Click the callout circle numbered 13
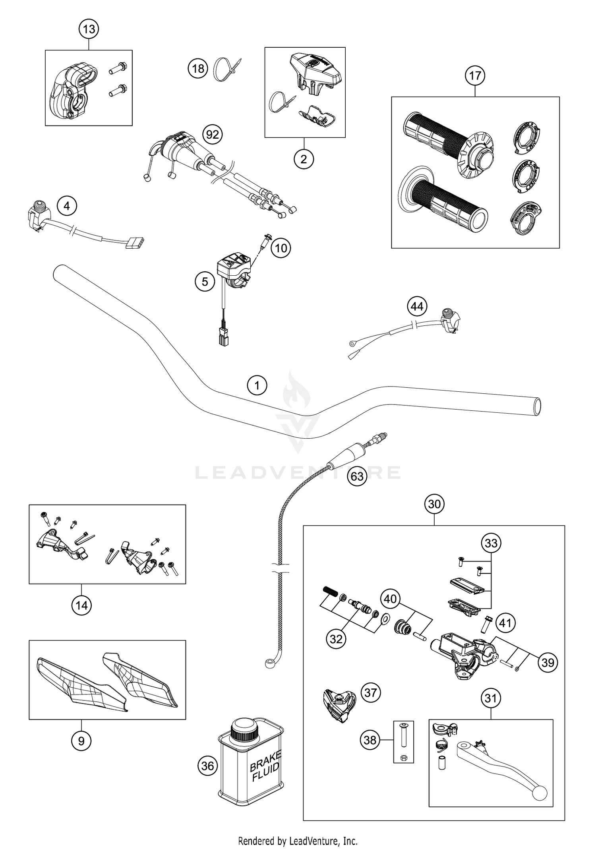click(89, 29)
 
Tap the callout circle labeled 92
click(213, 135)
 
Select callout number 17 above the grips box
click(475, 75)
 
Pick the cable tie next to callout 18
click(227, 69)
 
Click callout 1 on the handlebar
click(257, 385)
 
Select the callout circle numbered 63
click(357, 476)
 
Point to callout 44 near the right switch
click(417, 306)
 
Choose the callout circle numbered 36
click(208, 766)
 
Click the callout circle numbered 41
click(505, 623)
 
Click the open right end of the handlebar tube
click(537, 407)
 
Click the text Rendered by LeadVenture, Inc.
click(298, 841)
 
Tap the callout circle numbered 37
click(370, 692)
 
